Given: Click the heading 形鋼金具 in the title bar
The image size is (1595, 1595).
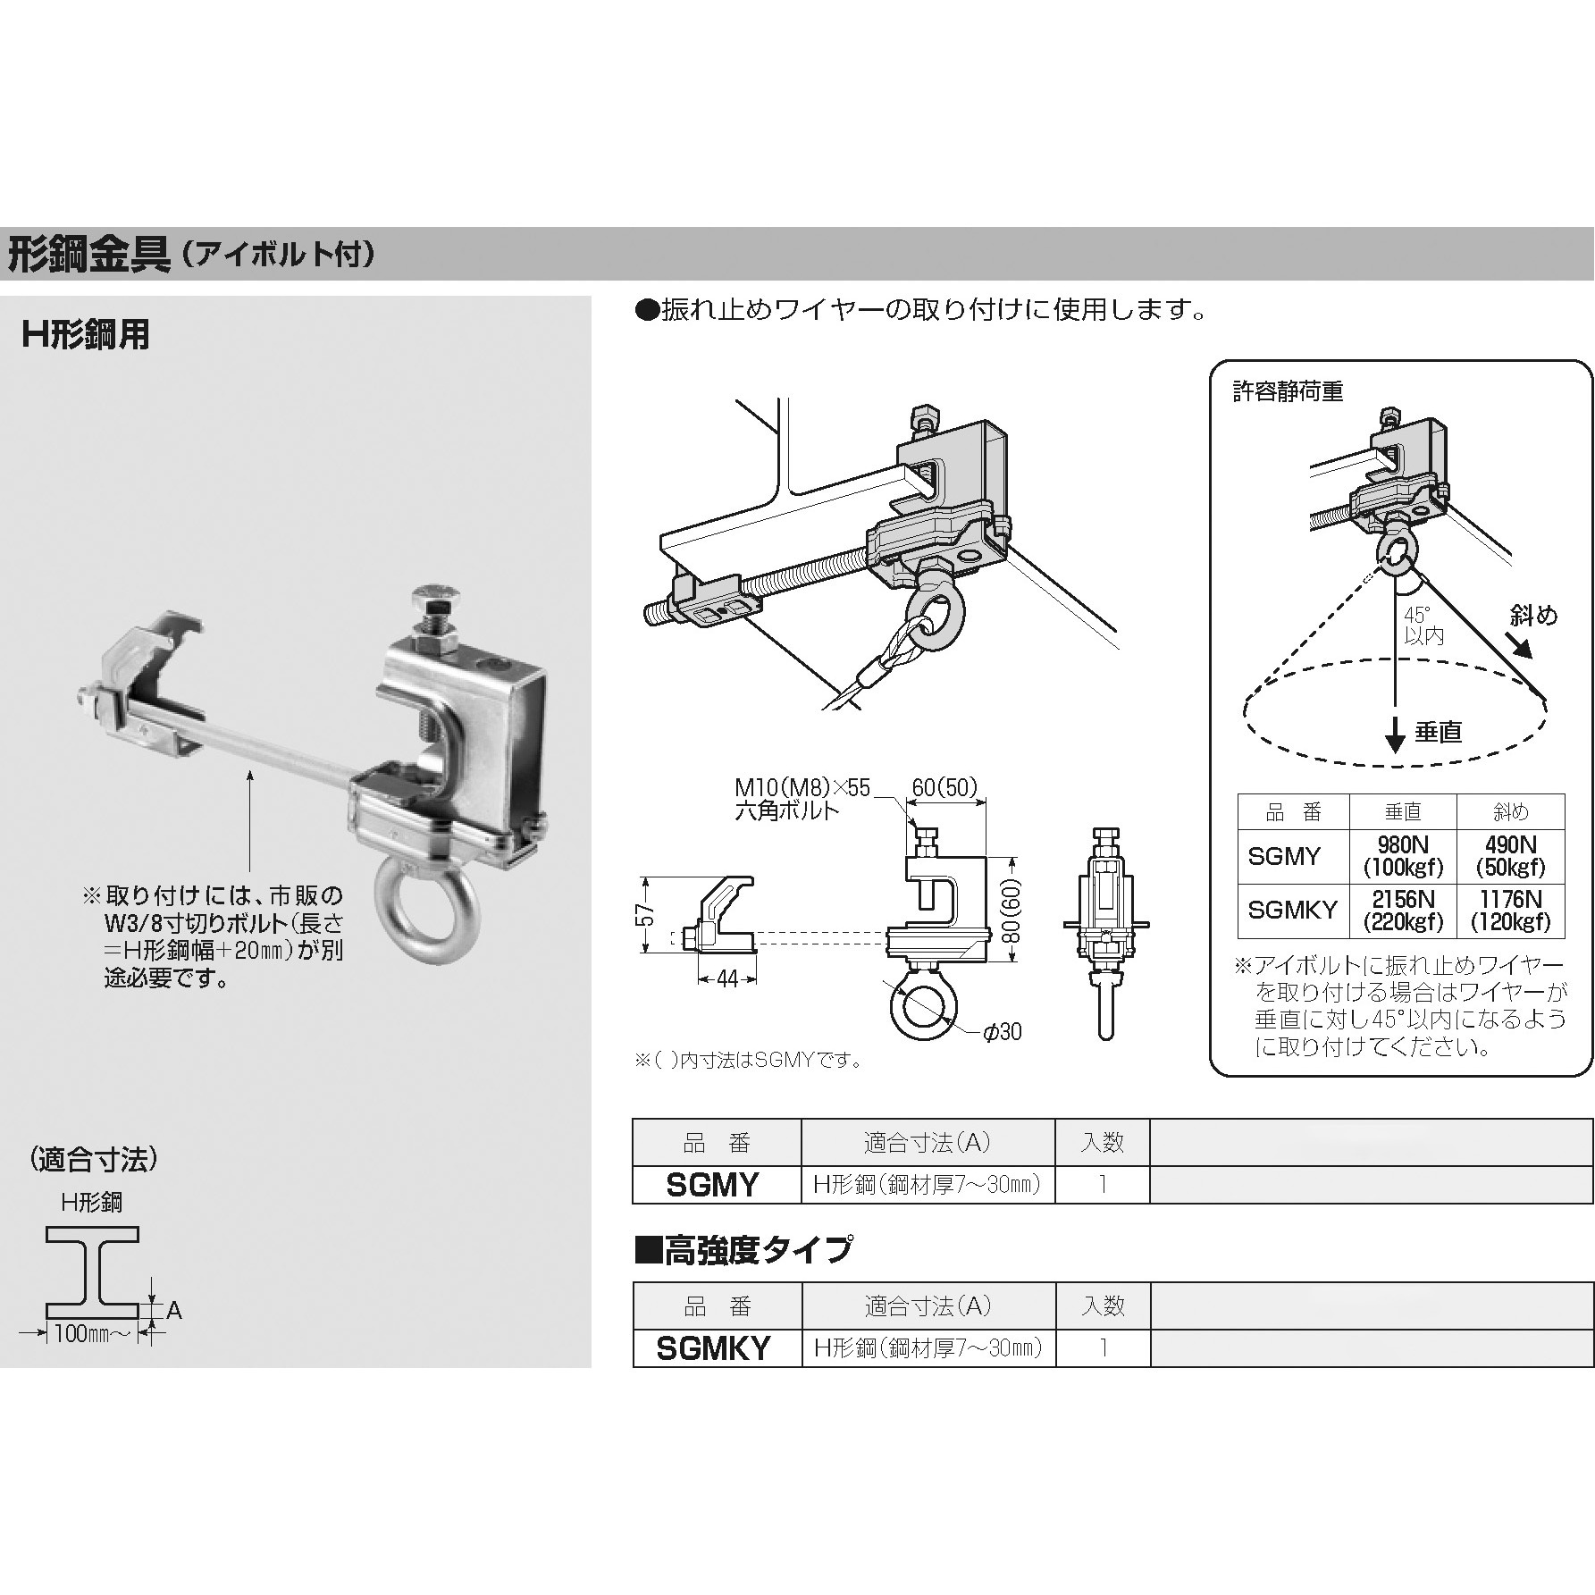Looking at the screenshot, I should pyautogui.click(x=88, y=256).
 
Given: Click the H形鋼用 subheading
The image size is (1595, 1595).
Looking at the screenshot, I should pyautogui.click(x=86, y=336).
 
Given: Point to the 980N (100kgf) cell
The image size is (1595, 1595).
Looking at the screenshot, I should pyautogui.click(x=1403, y=856).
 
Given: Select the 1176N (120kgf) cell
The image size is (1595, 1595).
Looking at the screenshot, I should pyautogui.click(x=1511, y=911).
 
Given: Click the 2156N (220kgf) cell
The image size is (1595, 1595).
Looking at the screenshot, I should pyautogui.click(x=1403, y=911).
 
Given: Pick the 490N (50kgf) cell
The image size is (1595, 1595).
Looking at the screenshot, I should pyautogui.click(x=1511, y=856).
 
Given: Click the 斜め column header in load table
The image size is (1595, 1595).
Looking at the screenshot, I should pyautogui.click(x=1511, y=811).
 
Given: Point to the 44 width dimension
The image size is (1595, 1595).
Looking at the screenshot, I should pyautogui.click(x=727, y=980).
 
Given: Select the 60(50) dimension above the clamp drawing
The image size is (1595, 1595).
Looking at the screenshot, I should pyautogui.click(x=945, y=787).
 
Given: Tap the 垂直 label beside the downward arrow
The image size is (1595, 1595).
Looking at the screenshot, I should pyautogui.click(x=1438, y=732).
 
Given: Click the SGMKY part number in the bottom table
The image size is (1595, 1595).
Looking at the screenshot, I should pyautogui.click(x=713, y=1348).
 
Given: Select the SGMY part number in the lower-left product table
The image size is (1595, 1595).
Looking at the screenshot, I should pyautogui.click(x=713, y=1185).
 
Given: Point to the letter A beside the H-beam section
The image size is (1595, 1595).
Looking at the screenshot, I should pyautogui.click(x=174, y=1311).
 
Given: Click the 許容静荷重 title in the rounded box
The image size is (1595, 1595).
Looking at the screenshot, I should pyautogui.click(x=1288, y=392).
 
